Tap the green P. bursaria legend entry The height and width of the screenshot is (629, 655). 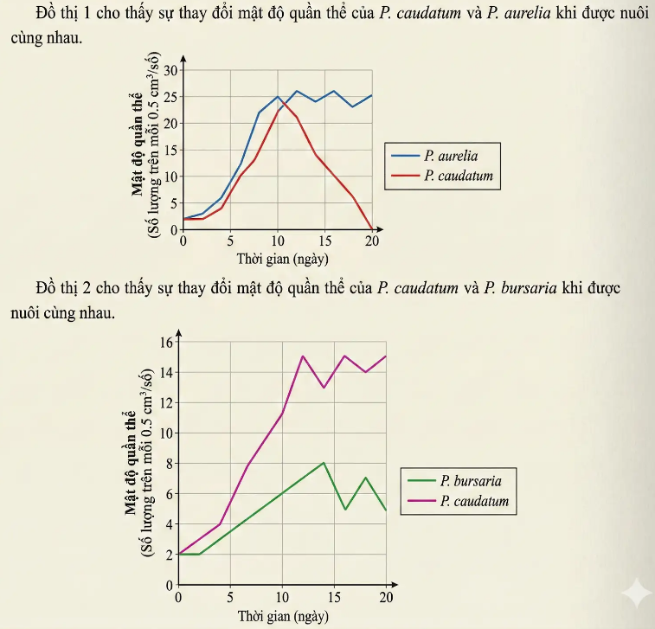click(470, 481)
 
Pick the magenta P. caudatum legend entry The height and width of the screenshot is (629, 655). click(473, 501)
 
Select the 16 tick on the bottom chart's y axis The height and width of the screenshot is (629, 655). click(167, 342)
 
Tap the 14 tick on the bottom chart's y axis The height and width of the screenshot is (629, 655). click(167, 372)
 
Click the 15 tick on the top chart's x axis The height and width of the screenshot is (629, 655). click(324, 241)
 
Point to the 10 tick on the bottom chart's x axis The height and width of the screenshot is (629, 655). click(282, 597)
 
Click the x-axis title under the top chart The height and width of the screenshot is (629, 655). click(282, 259)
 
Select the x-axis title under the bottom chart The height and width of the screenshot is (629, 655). click(283, 616)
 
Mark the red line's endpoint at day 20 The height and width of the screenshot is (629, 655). click(372, 229)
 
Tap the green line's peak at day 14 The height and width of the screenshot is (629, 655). click(324, 463)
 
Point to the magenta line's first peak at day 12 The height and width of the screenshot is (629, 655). click(303, 356)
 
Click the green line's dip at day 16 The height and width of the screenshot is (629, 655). click(345, 509)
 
